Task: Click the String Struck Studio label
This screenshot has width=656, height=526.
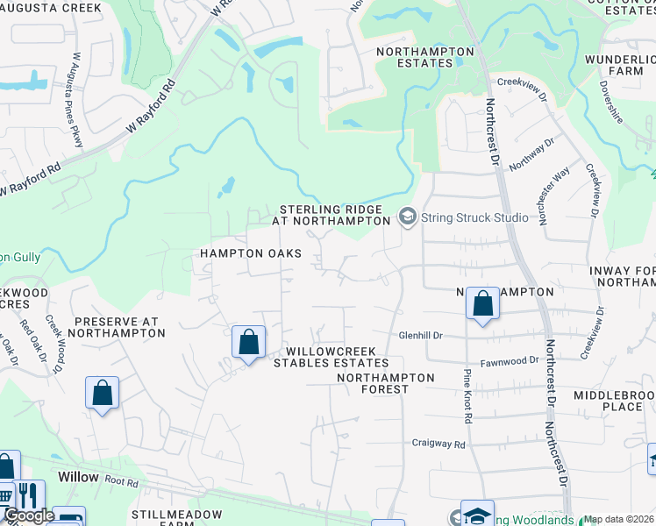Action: [x=474, y=217]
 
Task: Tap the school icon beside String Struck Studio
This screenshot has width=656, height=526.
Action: [x=407, y=216]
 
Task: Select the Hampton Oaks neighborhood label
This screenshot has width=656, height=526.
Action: [x=251, y=253]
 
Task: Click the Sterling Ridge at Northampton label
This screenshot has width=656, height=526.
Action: [x=331, y=216]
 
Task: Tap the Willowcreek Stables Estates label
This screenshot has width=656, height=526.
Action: [x=332, y=357]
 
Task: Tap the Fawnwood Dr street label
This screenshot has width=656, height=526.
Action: [x=509, y=361]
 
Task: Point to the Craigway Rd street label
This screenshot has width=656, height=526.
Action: [x=439, y=444]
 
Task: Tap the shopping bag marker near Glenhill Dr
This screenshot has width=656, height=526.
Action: [x=482, y=305]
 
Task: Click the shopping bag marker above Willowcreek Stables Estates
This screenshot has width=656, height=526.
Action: [x=249, y=342]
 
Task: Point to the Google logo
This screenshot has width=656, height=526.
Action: [x=28, y=516]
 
